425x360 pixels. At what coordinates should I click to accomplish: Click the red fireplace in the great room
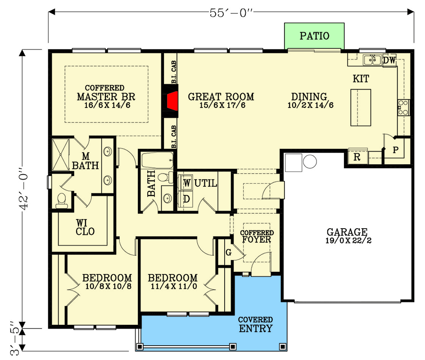[172, 101]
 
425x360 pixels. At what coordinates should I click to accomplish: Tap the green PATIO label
[314, 36]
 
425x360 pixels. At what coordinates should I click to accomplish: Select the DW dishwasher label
[389, 60]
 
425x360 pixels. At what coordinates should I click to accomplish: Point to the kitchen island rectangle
[361, 108]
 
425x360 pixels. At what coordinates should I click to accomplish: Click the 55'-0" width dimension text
[231, 13]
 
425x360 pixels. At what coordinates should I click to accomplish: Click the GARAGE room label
[347, 232]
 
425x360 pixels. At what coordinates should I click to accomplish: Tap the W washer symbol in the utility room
[187, 183]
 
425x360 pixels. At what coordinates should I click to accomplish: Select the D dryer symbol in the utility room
[186, 199]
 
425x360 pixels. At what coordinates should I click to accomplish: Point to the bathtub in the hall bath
[158, 160]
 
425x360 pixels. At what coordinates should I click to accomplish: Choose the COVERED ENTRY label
[256, 324]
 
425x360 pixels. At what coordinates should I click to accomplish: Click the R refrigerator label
[357, 157]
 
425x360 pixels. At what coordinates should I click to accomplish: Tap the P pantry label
[395, 150]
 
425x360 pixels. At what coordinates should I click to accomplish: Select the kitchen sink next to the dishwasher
[372, 60]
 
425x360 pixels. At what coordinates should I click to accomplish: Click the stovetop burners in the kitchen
[403, 108]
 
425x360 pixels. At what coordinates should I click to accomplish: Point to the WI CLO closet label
[85, 227]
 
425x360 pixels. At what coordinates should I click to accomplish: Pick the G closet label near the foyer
[229, 252]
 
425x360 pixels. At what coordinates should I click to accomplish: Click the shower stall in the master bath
[60, 155]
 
